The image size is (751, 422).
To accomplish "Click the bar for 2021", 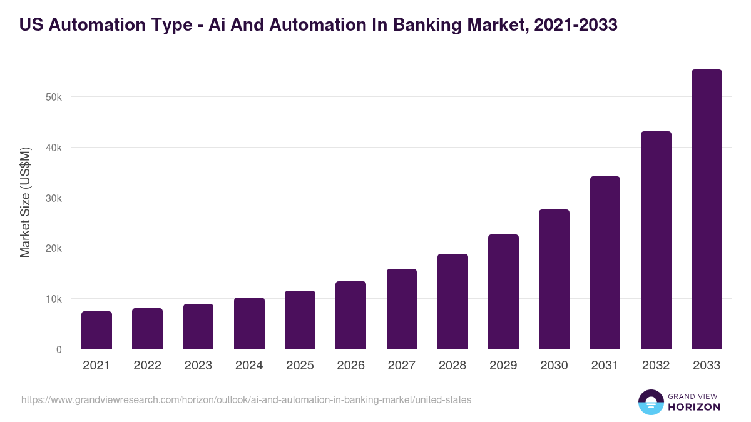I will point(96,330).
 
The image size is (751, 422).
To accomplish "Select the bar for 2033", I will point(707,209).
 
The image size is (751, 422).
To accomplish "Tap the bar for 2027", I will point(402,309).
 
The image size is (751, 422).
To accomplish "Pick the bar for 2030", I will point(554,279).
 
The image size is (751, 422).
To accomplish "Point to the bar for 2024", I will point(249,323).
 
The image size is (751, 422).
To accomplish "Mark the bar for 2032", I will point(656,240).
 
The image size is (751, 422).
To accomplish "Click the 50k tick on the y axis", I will point(54,98).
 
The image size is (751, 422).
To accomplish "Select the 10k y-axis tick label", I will point(54,299).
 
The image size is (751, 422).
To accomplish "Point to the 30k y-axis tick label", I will point(54,198).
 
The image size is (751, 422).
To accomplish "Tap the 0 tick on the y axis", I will point(59,350).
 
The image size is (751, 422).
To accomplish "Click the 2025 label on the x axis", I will point(300,366).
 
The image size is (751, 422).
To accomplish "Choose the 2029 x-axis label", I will point(503,366).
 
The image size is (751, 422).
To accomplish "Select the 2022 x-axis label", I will point(147,366).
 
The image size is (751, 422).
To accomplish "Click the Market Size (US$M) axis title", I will point(25,203).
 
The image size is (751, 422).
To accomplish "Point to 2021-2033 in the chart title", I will point(576,24).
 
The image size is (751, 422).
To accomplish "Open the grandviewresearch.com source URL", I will point(246,399).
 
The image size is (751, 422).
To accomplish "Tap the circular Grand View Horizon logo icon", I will point(650,403).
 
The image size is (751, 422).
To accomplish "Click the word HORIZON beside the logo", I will point(693,407).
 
